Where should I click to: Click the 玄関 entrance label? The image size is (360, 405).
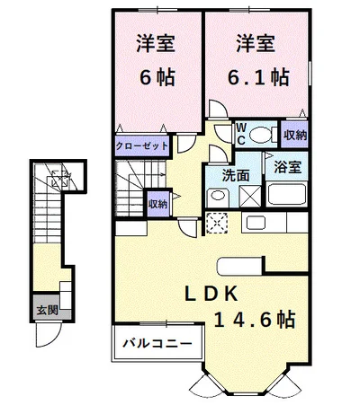click(47, 310)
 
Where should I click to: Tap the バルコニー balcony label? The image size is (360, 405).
click(157, 343)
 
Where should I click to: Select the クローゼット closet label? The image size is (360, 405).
click(142, 146)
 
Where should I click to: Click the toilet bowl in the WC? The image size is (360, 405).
click(260, 135)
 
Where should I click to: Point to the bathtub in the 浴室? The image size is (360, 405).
click(286, 194)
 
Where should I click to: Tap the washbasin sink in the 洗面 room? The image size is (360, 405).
click(218, 196)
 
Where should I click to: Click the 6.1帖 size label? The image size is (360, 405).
click(258, 77)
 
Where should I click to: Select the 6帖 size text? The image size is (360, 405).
click(157, 77)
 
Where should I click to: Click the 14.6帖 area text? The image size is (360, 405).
click(255, 319)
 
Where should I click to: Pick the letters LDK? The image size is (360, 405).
click(211, 294)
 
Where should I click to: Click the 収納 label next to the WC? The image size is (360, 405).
click(295, 136)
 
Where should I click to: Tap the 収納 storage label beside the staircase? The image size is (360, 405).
click(158, 204)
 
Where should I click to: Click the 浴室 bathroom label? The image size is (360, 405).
click(288, 167)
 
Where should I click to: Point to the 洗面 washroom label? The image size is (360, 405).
click(236, 175)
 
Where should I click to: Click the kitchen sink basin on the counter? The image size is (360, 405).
click(256, 223)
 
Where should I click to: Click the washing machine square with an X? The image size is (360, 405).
click(250, 196)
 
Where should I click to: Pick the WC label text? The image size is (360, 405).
click(241, 134)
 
